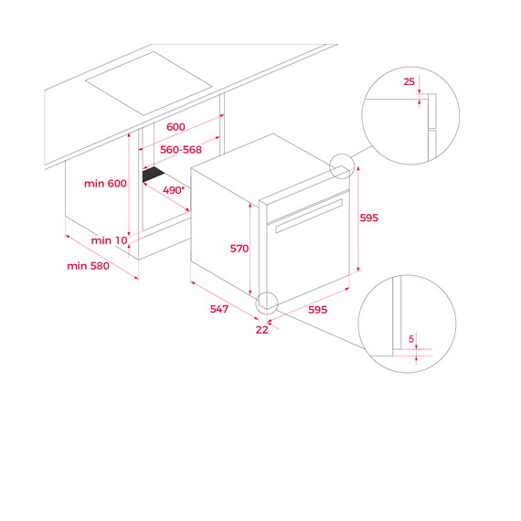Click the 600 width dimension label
[x=175, y=127]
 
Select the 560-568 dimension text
[x=181, y=150]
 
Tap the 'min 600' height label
[x=105, y=184]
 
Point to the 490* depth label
[x=174, y=190]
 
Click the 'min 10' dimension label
[x=110, y=240]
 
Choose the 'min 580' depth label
[x=88, y=266]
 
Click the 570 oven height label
[x=239, y=249]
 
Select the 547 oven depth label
[x=219, y=309]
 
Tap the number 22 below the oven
[x=261, y=330]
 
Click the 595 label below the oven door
[x=318, y=310]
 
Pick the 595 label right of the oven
[x=369, y=218]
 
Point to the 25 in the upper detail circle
[x=409, y=81]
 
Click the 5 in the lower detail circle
[x=411, y=339]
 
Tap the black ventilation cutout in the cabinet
[x=154, y=175]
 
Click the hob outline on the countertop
[x=148, y=83]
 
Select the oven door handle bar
[x=309, y=216]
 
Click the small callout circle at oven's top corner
[x=342, y=154]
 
